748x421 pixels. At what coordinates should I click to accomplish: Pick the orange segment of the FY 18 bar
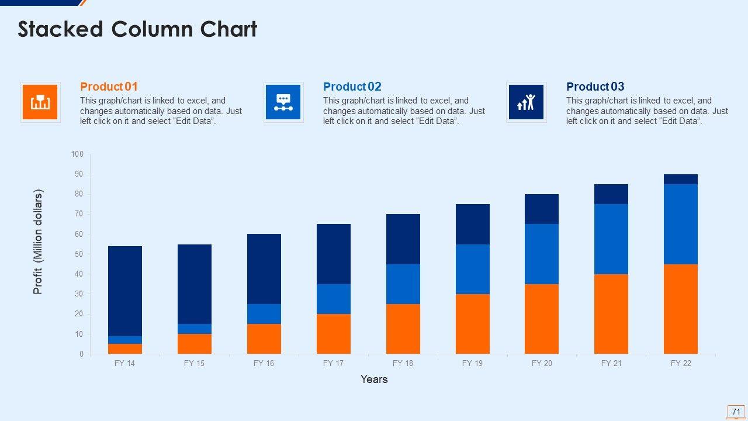pos(403,329)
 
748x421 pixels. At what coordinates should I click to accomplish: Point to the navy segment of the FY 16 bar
pos(264,268)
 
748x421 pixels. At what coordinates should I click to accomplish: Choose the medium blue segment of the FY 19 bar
pos(472,269)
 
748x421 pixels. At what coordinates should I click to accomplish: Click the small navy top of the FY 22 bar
pos(680,179)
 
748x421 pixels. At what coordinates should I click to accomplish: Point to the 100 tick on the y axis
pos(77,154)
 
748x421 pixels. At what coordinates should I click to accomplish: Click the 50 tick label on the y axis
pos(77,254)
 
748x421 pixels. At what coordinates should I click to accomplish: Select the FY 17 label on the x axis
pos(333,364)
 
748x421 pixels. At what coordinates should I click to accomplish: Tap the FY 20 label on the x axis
pos(542,364)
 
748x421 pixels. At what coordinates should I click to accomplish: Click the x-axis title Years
pos(374,379)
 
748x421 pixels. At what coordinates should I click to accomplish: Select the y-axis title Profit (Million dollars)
pos(38,241)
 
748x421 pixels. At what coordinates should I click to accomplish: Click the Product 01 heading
pos(109,87)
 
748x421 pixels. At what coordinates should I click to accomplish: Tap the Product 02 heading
pos(352,87)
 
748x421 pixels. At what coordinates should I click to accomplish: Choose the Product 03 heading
pos(595,87)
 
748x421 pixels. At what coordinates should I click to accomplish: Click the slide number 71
pos(736,412)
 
